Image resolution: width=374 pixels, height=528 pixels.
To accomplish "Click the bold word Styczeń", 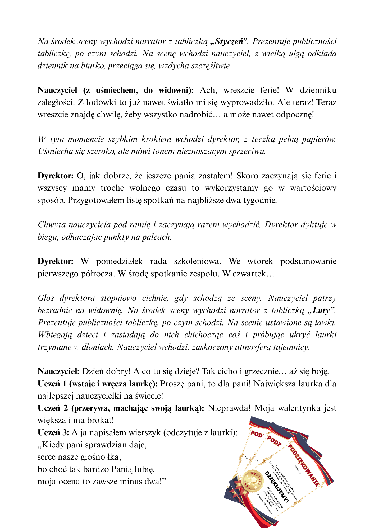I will click(230, 41).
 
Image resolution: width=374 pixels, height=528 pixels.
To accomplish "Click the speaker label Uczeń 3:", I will click(53, 432).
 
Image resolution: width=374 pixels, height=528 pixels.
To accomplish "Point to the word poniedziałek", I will click(119, 261).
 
